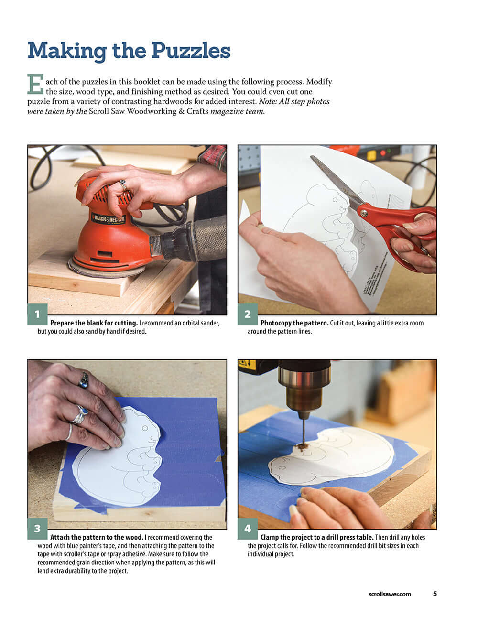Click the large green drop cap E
tap(35, 84)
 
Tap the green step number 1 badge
tap(37, 314)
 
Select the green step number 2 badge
tap(248, 314)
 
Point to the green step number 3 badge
tap(37, 529)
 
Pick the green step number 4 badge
tap(248, 529)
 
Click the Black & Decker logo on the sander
tap(109, 219)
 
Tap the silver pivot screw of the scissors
tap(364, 213)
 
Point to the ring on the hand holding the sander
tap(123, 184)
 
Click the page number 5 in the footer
tap(435, 594)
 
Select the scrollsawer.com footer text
tap(390, 594)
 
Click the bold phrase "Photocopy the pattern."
tap(294, 323)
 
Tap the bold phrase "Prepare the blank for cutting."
tap(94, 323)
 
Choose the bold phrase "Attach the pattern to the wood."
tap(97, 537)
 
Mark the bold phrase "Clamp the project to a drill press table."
tap(317, 537)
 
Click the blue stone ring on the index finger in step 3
tap(84, 381)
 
